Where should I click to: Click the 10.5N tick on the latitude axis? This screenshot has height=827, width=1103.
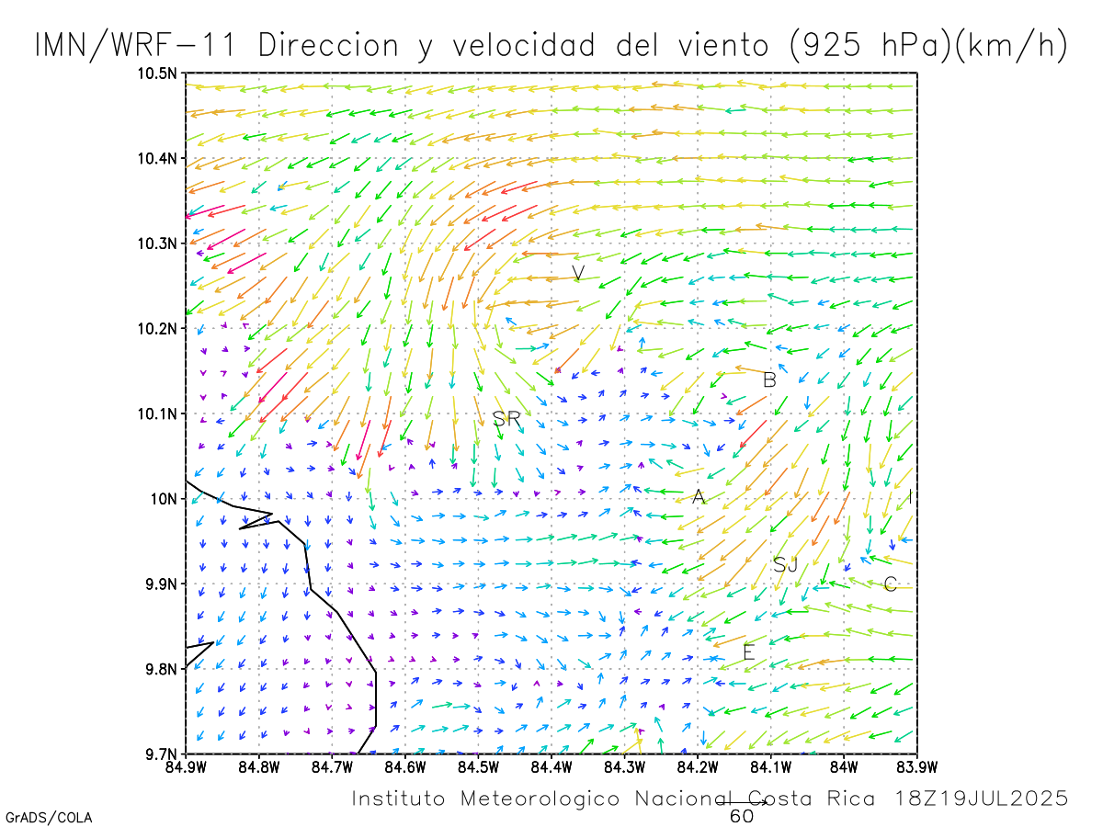(159, 73)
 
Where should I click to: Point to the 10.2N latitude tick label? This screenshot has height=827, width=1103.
(159, 328)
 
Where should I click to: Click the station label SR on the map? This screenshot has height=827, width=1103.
(506, 419)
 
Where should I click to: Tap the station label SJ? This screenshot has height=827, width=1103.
(785, 565)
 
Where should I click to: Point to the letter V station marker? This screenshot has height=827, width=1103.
(578, 273)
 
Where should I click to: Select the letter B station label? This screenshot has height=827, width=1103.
(770, 380)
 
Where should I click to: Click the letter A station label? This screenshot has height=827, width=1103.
(699, 497)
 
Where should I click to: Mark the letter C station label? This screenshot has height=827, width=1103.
(890, 584)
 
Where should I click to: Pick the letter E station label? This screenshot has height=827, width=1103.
(748, 652)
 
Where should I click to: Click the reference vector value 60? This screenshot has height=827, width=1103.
(742, 816)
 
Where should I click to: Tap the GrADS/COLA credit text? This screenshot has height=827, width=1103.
(49, 817)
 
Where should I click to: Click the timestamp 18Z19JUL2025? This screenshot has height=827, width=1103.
(982, 799)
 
